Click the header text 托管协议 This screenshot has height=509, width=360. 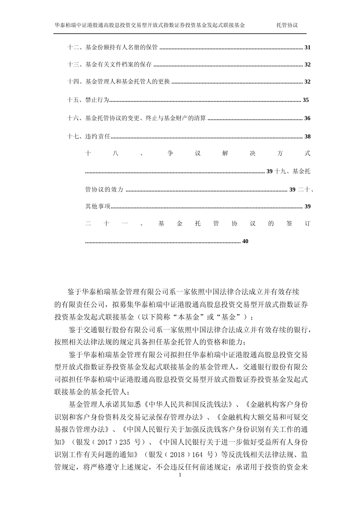tap(287, 25)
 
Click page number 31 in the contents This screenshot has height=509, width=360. tap(307, 48)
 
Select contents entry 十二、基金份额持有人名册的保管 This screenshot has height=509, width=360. tap(113, 48)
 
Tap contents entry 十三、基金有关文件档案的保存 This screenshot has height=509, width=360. tap(109, 65)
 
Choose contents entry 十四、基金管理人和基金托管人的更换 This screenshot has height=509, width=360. tap(118, 82)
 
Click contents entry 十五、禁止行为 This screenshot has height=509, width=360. tap(88, 100)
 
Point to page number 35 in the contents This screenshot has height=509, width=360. tap(306, 100)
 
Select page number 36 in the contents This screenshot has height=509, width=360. tap(307, 118)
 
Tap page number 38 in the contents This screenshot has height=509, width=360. tap(307, 136)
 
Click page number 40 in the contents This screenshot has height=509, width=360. tap(245, 241)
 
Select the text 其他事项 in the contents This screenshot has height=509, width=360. tap(98, 207)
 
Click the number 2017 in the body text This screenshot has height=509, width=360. tap(105, 443)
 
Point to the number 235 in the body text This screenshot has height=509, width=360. tap(125, 443)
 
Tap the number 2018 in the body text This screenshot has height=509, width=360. tap(177, 455)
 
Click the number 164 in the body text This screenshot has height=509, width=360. tap(197, 455)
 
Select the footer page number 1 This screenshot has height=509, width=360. tap(180, 475)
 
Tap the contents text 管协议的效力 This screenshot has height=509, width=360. tap(104, 190)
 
